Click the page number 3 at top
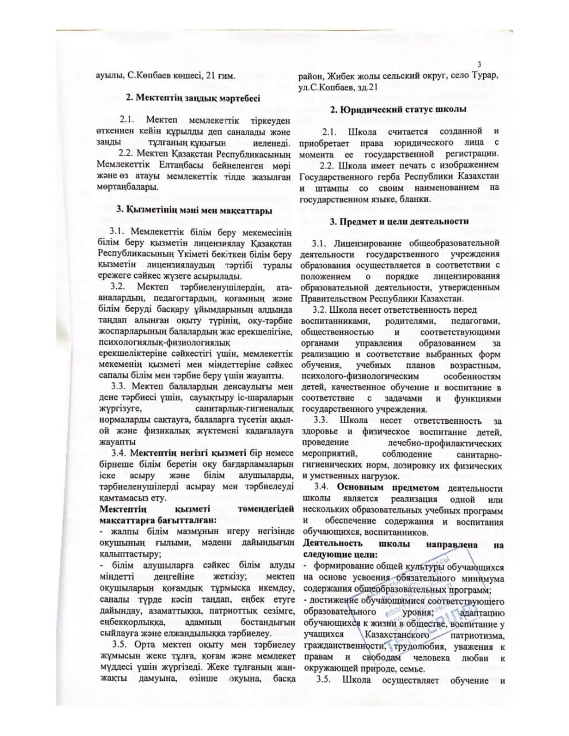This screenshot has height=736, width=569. pos(479,63)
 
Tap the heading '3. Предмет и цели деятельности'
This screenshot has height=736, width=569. pos(399,221)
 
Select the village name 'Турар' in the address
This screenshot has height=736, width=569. pos(486,76)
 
